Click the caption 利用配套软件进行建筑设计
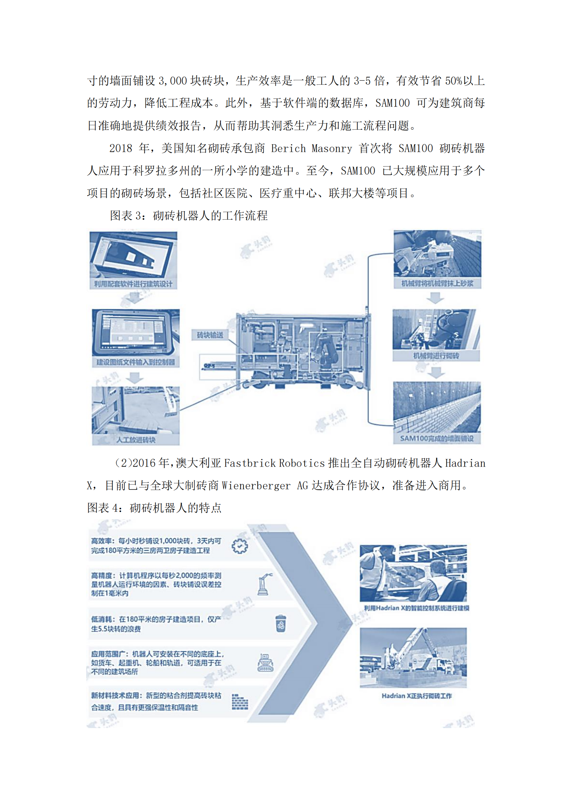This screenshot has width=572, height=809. (133, 284)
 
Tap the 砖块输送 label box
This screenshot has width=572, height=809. (210, 335)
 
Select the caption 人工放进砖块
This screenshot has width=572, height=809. (136, 440)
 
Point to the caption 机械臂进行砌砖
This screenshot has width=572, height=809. (436, 356)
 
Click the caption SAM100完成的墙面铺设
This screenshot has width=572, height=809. (437, 438)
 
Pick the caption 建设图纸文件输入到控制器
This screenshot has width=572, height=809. (136, 362)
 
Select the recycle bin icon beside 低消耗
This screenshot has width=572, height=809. (281, 623)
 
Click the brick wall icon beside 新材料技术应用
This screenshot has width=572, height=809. (240, 701)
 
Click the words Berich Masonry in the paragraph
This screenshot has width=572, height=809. (311, 148)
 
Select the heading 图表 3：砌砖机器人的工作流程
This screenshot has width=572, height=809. (189, 215)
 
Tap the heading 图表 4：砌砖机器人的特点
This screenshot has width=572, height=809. (154, 508)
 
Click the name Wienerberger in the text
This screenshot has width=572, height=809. (256, 486)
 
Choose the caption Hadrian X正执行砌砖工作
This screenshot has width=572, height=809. (417, 696)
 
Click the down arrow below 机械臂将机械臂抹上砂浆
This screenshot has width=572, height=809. (435, 298)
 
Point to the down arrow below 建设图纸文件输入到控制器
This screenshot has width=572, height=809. (135, 378)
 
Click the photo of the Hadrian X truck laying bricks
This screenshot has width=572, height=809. (413, 658)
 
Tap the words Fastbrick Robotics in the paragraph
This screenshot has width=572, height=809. (274, 463)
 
